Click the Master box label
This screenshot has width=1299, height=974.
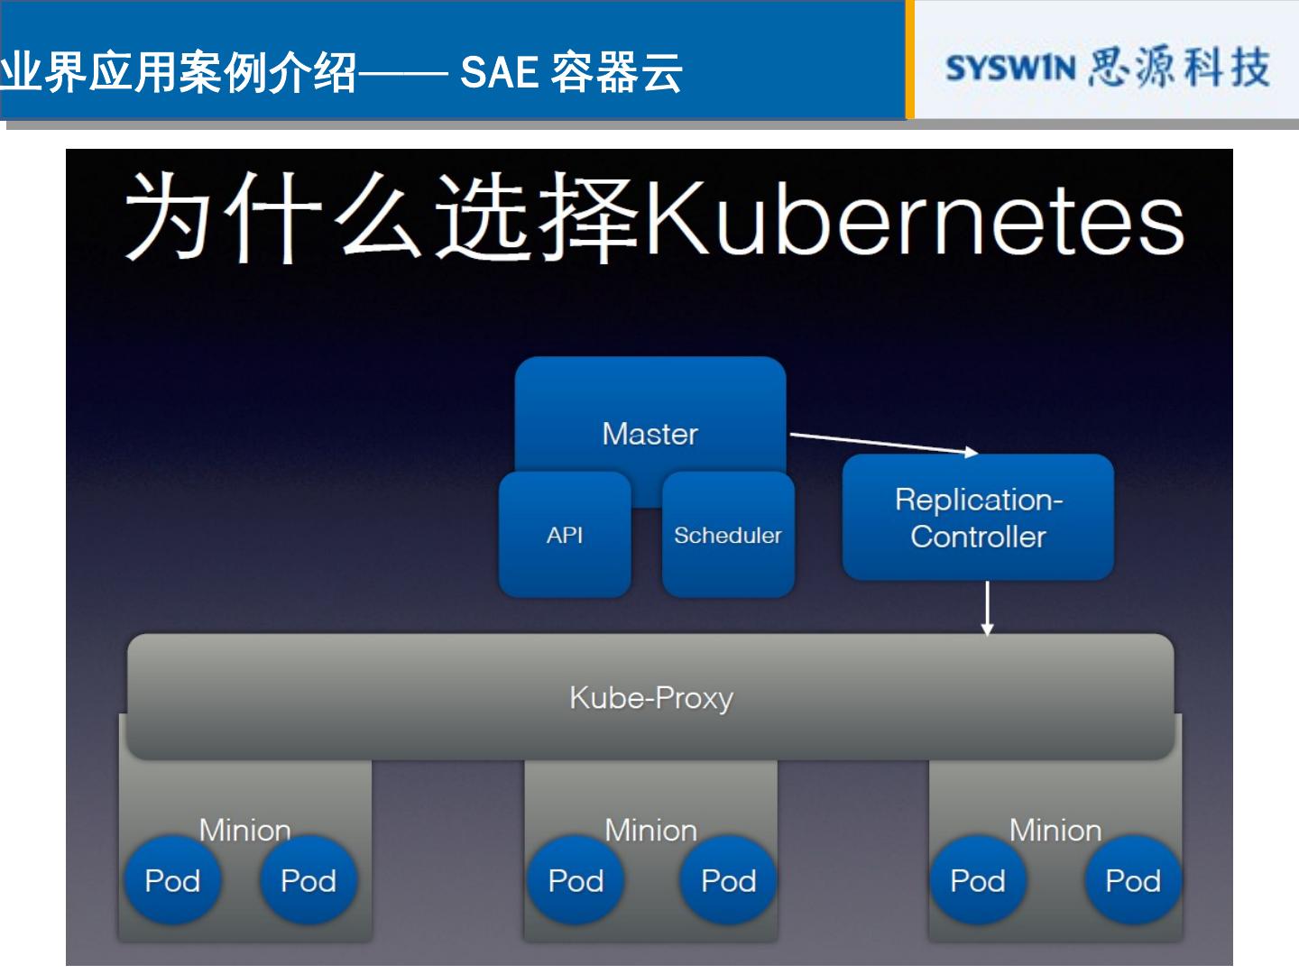(649, 434)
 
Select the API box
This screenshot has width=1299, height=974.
(565, 535)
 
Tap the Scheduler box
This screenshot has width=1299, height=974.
(728, 535)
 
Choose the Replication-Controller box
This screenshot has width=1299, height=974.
(978, 518)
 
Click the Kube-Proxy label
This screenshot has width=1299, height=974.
(650, 697)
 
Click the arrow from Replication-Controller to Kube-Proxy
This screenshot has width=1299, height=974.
(987, 608)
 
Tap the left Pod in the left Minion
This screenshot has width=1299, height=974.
(172, 880)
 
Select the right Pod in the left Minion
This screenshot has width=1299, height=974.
(309, 880)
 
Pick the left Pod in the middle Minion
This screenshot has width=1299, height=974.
(576, 880)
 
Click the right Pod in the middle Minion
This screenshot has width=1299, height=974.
(728, 880)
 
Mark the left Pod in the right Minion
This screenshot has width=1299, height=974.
(978, 880)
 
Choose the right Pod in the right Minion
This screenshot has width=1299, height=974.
(1133, 880)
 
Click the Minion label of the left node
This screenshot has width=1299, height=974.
(244, 829)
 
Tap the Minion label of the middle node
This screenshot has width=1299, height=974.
(650, 829)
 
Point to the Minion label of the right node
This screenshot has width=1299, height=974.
(1055, 829)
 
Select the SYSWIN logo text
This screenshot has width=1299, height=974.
(1010, 69)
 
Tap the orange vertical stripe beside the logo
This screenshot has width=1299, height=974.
(909, 60)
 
